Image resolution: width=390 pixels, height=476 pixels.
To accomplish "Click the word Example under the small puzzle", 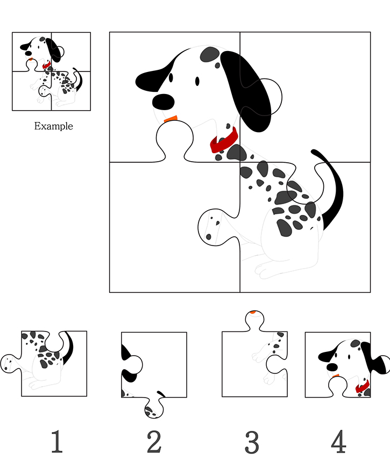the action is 53,126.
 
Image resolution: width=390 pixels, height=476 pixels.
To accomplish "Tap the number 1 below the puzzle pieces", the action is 56,442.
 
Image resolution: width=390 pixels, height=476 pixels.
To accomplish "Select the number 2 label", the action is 154,442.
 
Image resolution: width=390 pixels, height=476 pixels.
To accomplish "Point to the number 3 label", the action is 252,442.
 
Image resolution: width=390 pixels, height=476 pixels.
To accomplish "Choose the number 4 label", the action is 339,442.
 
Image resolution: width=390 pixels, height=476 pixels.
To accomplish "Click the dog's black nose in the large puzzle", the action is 163,102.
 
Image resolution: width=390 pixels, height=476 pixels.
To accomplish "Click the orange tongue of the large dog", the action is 171,118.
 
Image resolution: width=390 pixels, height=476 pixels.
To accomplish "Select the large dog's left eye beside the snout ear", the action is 171,78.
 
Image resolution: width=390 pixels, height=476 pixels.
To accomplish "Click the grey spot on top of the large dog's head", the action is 210,55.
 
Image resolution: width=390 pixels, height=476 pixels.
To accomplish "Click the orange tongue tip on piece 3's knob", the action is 253,312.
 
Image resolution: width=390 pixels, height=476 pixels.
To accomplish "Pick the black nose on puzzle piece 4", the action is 332,367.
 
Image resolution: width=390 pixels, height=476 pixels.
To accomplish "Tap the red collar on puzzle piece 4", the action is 363,387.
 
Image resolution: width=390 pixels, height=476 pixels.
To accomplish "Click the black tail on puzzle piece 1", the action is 69,348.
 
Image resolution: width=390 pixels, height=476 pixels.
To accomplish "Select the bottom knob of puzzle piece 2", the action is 154,408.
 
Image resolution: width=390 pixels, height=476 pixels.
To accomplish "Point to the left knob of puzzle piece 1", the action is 11,363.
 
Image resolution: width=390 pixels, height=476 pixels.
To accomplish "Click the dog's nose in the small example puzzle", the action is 29,53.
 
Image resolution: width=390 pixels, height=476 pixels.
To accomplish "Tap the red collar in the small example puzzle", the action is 46,65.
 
